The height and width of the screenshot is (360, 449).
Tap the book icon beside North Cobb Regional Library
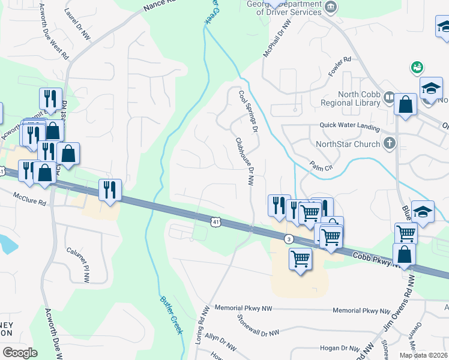(x=389, y=98)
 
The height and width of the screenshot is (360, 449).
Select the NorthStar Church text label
(x=348, y=144)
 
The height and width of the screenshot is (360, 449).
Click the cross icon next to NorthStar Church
(x=389, y=143)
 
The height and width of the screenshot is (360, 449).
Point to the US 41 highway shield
(x=215, y=222)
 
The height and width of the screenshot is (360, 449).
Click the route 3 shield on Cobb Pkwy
(x=289, y=238)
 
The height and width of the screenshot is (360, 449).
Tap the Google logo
(x=20, y=352)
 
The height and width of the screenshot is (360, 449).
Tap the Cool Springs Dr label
(x=247, y=112)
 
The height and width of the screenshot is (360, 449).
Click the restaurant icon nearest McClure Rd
(x=110, y=190)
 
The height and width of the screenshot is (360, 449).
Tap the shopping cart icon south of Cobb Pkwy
(x=300, y=259)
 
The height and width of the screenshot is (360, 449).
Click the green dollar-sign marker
(x=415, y=67)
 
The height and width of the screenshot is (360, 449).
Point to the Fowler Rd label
(x=339, y=61)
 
